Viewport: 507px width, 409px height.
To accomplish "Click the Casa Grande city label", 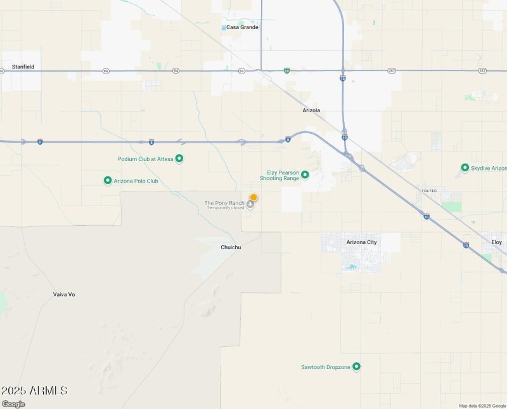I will click(x=242, y=27).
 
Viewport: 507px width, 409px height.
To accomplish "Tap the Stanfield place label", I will click(x=23, y=67).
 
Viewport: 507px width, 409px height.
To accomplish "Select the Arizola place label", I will click(x=311, y=110).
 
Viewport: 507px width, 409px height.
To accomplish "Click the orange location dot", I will click(x=253, y=197).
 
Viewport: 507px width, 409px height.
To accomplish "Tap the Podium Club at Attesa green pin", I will click(x=179, y=159).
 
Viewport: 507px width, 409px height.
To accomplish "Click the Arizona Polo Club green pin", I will click(x=108, y=181).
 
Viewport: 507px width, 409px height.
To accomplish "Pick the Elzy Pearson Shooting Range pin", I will click(x=305, y=174).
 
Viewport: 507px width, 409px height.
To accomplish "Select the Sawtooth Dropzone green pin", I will click(x=356, y=367).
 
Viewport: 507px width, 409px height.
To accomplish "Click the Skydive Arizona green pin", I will click(x=465, y=168).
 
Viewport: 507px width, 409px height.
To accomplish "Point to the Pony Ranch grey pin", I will click(x=250, y=204).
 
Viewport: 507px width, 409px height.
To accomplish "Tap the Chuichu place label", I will click(x=231, y=247).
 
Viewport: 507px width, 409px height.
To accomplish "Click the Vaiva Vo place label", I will click(x=64, y=294).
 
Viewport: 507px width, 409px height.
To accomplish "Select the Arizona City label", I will click(x=361, y=242).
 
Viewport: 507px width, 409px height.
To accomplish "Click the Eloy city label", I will click(x=497, y=242).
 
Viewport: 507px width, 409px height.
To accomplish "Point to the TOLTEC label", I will click(x=430, y=191).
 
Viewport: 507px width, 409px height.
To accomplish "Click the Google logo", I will click(x=13, y=404).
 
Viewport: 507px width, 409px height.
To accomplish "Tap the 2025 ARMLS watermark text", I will click(x=34, y=391).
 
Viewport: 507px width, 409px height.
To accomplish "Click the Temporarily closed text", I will click(x=225, y=208).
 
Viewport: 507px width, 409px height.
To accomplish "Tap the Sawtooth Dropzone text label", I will click(x=326, y=367).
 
